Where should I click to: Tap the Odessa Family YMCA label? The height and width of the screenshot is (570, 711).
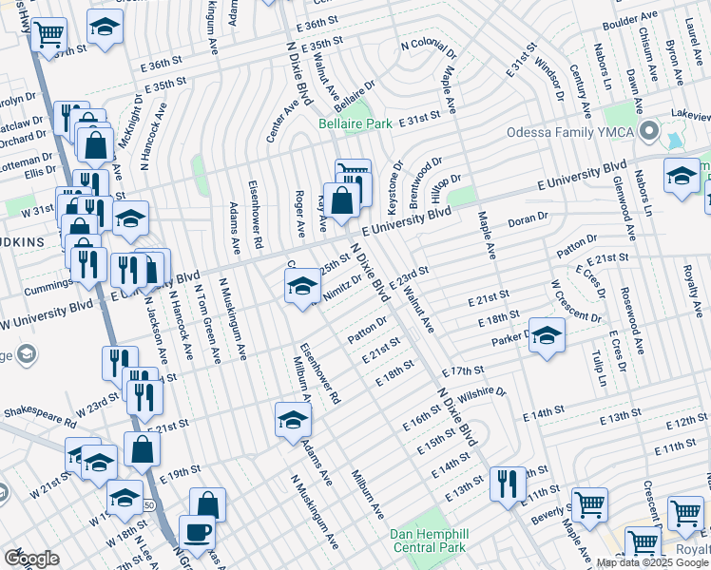567,132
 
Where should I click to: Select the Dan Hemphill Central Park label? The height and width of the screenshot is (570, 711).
431,541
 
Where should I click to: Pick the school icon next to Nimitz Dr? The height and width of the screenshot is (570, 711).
302,285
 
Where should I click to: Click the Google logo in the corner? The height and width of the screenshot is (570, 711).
31,558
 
